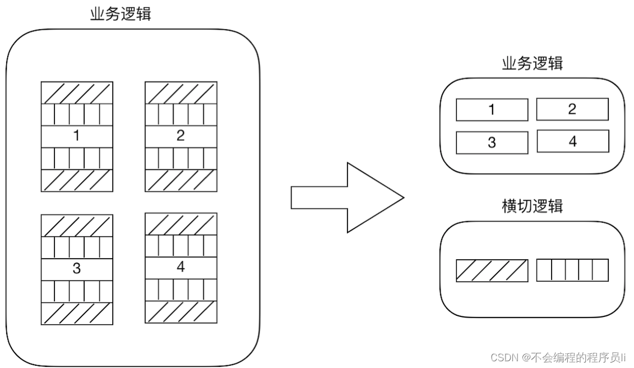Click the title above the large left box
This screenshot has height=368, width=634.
tap(121, 14)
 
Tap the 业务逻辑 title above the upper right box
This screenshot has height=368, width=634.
tap(532, 63)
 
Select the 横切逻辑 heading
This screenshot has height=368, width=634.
tap(532, 206)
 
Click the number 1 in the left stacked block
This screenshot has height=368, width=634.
tap(76, 136)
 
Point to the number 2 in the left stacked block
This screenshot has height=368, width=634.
tap(181, 135)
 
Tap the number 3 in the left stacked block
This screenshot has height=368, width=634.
tap(76, 268)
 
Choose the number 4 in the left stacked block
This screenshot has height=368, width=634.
tap(181, 266)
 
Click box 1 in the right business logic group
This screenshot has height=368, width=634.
tap(492, 110)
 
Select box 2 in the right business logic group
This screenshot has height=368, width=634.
tap(572, 109)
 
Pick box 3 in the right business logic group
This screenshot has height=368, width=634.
tap(492, 142)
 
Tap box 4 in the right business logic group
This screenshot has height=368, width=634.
tap(572, 141)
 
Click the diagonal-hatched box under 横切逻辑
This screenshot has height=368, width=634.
tap(492, 270)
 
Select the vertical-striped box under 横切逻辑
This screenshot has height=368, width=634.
tap(572, 270)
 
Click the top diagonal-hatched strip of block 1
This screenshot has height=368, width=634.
tap(77, 93)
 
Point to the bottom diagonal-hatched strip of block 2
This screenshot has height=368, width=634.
tap(181, 180)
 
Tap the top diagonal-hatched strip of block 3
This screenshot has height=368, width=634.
tap(77, 226)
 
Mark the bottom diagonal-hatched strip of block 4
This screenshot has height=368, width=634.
tap(181, 312)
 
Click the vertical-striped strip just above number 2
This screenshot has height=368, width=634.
tap(181, 114)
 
